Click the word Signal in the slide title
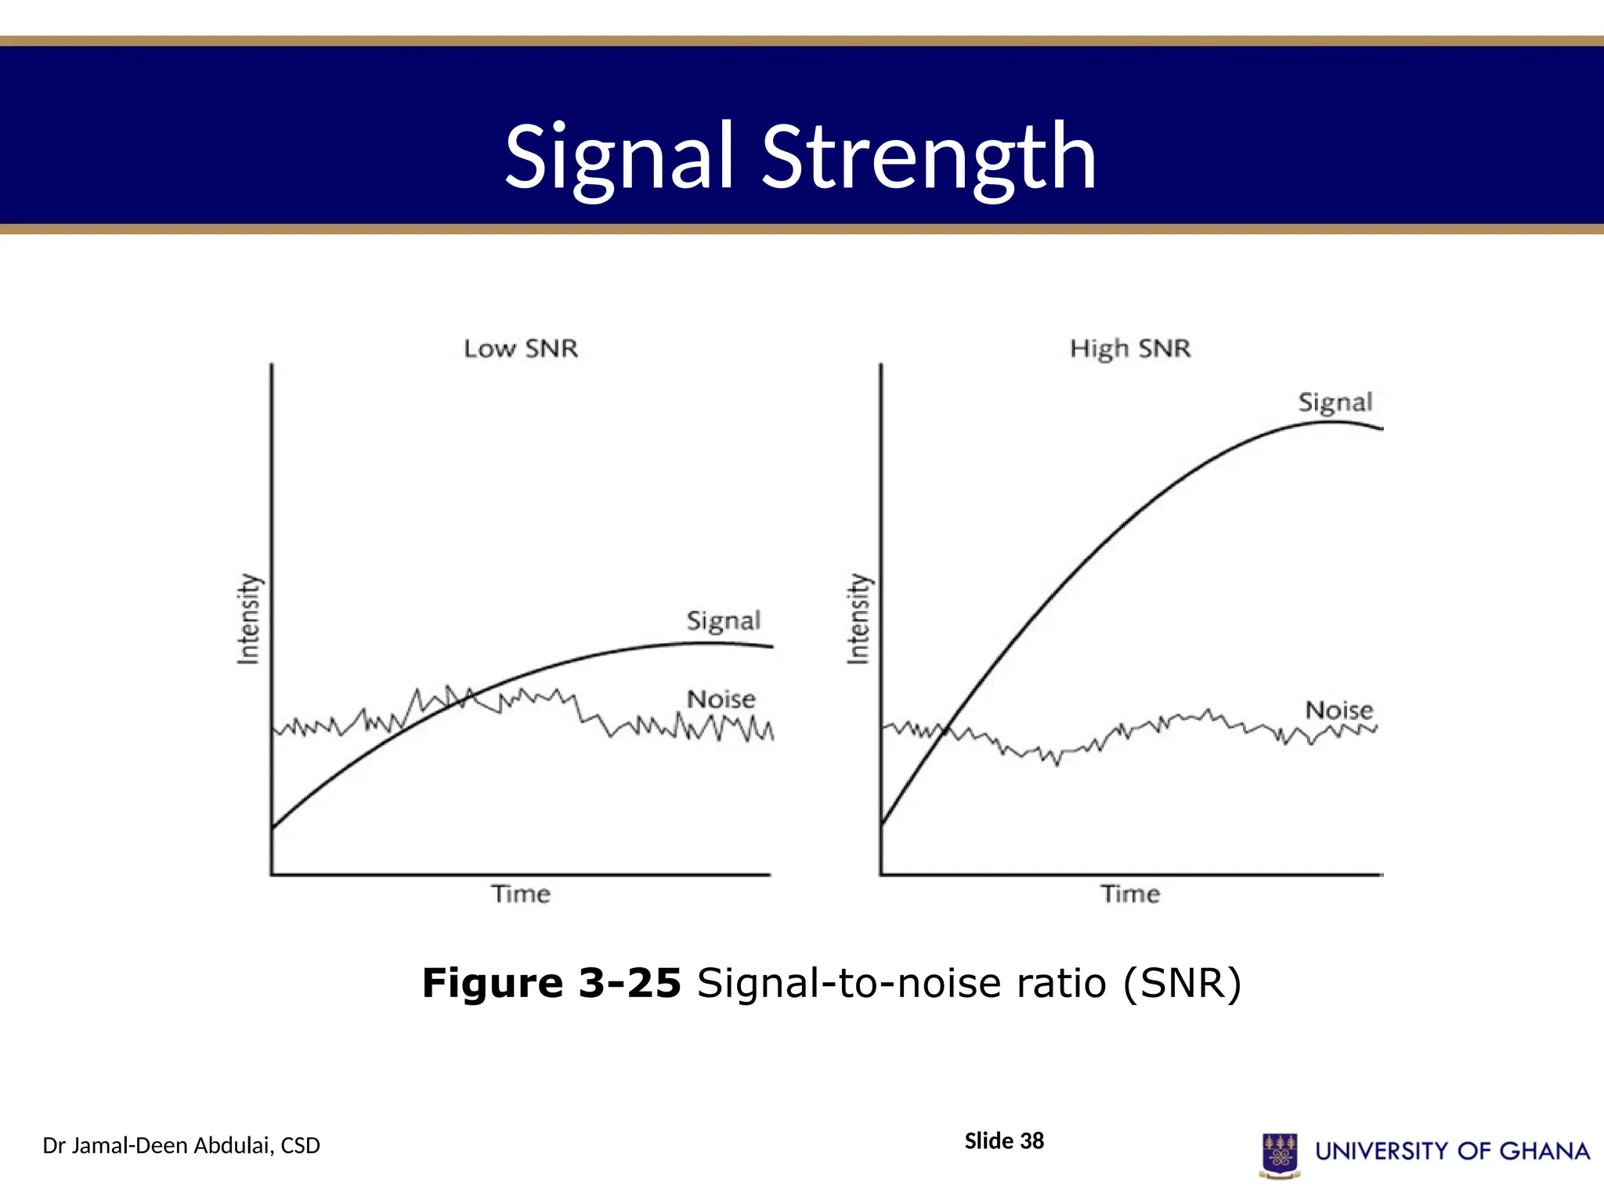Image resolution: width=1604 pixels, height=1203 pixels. pos(619,159)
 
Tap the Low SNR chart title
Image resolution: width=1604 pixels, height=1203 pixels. pos(521,349)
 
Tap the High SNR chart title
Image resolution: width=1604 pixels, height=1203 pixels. pos(1130,349)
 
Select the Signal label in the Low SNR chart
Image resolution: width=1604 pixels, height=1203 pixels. pos(723,621)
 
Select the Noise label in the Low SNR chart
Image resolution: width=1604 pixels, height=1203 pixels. pos(721,699)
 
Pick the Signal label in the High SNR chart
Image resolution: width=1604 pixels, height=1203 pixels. pos(1335,403)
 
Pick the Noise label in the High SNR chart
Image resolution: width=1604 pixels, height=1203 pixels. pos(1338,710)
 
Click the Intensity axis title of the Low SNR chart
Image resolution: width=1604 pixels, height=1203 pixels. pos(248,620)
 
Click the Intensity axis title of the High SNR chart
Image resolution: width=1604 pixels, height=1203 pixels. pos(858,620)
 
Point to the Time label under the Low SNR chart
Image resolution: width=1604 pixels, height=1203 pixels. pos(521,894)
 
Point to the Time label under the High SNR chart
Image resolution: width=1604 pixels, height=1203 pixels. pos(1130,894)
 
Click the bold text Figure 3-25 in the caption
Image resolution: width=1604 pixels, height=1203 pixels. pos(551,983)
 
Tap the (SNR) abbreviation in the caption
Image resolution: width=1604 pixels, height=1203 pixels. pos(1183,983)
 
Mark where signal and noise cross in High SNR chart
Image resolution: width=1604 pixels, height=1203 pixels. pos(947,730)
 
